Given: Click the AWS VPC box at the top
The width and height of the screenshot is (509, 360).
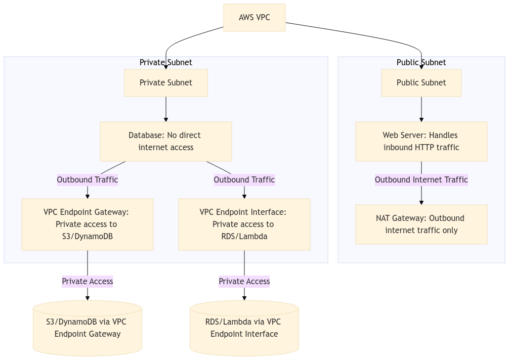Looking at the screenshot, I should tap(254, 18).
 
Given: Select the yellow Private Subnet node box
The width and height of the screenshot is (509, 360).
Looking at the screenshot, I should tap(166, 83).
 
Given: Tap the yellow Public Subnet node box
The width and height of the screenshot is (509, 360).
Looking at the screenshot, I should tap(421, 83).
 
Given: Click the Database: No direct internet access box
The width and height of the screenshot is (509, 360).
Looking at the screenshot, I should tap(166, 142).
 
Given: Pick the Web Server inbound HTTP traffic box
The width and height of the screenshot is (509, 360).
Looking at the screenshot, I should tap(421, 142).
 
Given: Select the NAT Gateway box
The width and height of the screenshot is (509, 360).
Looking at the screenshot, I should tap(421, 224).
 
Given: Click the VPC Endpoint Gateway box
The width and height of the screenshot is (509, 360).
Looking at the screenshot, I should tap(87, 224).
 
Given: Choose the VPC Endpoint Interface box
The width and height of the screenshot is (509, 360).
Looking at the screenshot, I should tap(244, 224).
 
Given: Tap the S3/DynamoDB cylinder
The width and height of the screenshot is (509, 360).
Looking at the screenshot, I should tap(87, 328).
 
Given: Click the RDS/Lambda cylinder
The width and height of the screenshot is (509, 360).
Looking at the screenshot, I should tap(244, 328).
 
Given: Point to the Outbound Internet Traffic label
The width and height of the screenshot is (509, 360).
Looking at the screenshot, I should tap(421, 180).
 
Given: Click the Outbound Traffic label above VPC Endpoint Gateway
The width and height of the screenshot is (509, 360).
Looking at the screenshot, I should tap(87, 180).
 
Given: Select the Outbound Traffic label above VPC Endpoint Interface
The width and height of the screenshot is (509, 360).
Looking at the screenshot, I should tap(244, 180).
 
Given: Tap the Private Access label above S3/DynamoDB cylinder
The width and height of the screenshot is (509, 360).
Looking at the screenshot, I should tap(87, 282).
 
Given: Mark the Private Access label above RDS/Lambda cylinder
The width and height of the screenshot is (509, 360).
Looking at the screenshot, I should tap(244, 282).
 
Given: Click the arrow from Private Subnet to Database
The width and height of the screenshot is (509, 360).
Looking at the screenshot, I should tap(166, 109).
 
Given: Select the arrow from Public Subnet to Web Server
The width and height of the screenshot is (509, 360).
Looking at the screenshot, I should tap(421, 109).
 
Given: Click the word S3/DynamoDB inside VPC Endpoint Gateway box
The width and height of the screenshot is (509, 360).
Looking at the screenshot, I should tap(87, 237).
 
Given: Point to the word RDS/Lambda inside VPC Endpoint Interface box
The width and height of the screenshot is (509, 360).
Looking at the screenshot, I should tap(244, 237).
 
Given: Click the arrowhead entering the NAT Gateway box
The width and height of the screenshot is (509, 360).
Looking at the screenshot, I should tap(421, 202).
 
